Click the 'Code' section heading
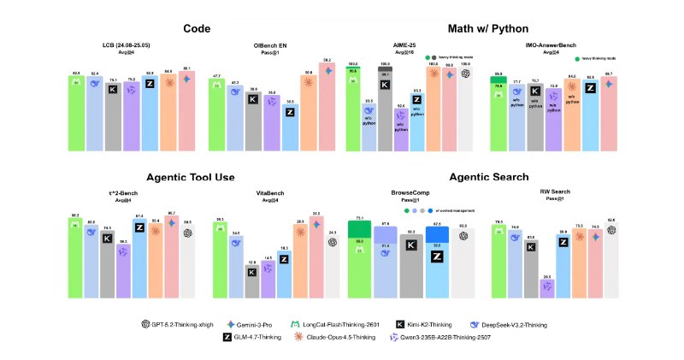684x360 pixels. (197, 29)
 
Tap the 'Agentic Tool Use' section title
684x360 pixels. (197, 177)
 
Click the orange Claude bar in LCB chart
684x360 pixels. (168, 112)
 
